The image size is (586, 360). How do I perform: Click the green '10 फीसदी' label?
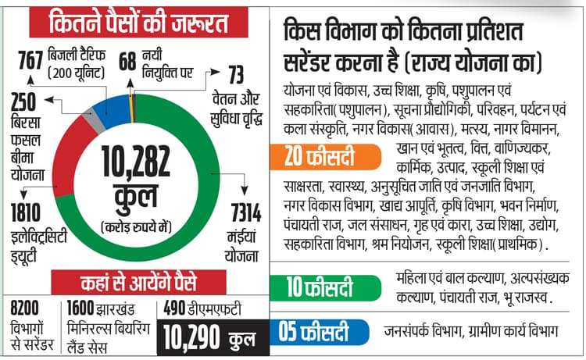[x=323, y=287]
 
